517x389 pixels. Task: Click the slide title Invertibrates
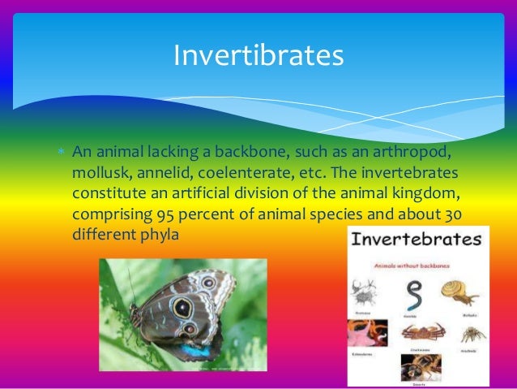[258, 56]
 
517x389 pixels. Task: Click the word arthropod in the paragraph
[409, 153]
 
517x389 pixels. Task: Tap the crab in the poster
[418, 333]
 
